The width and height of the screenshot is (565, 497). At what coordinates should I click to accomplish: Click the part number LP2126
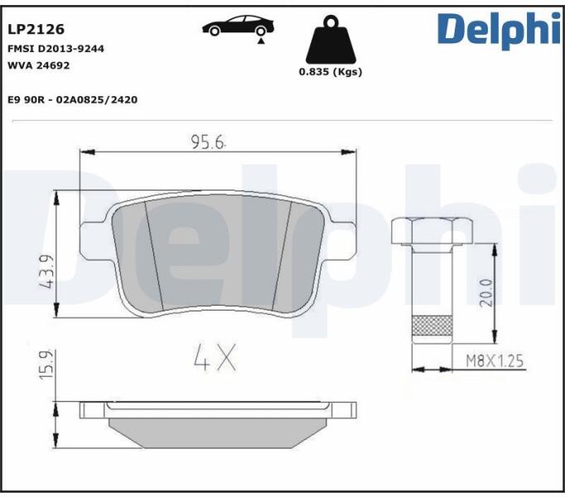(x=36, y=29)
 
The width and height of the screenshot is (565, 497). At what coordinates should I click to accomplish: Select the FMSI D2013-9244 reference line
(x=56, y=49)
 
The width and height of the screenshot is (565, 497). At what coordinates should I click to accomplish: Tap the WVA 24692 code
(x=39, y=65)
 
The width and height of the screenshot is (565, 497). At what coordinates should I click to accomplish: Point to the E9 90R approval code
(x=72, y=99)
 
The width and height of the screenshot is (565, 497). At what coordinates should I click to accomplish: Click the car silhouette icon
(x=238, y=26)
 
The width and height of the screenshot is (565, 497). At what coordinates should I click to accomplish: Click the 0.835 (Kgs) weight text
(x=331, y=72)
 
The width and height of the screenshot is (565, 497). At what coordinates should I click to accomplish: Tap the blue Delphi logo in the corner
(x=500, y=30)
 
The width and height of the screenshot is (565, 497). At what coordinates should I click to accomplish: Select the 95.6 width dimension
(x=208, y=142)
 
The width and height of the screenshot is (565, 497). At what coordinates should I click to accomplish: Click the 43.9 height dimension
(x=47, y=272)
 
